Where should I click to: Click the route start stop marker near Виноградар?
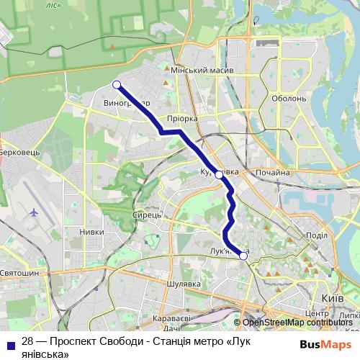pyautogui.click(x=117, y=85)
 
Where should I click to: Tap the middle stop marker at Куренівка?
pyautogui.click(x=219, y=174)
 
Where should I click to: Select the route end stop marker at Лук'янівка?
pyautogui.click(x=243, y=256)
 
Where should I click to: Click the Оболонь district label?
pyautogui.click(x=289, y=99)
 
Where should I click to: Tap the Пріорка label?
pyautogui.click(x=181, y=119)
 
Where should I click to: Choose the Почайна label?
pyautogui.click(x=272, y=173)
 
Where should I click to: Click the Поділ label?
pyautogui.click(x=317, y=235)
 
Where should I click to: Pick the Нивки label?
pyautogui.click(x=91, y=232)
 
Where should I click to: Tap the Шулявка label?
pyautogui.click(x=183, y=284)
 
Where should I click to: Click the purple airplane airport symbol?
pyautogui.click(x=34, y=212)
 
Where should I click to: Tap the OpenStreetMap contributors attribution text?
pyautogui.click(x=297, y=323)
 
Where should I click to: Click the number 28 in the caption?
pyautogui.click(x=28, y=341)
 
